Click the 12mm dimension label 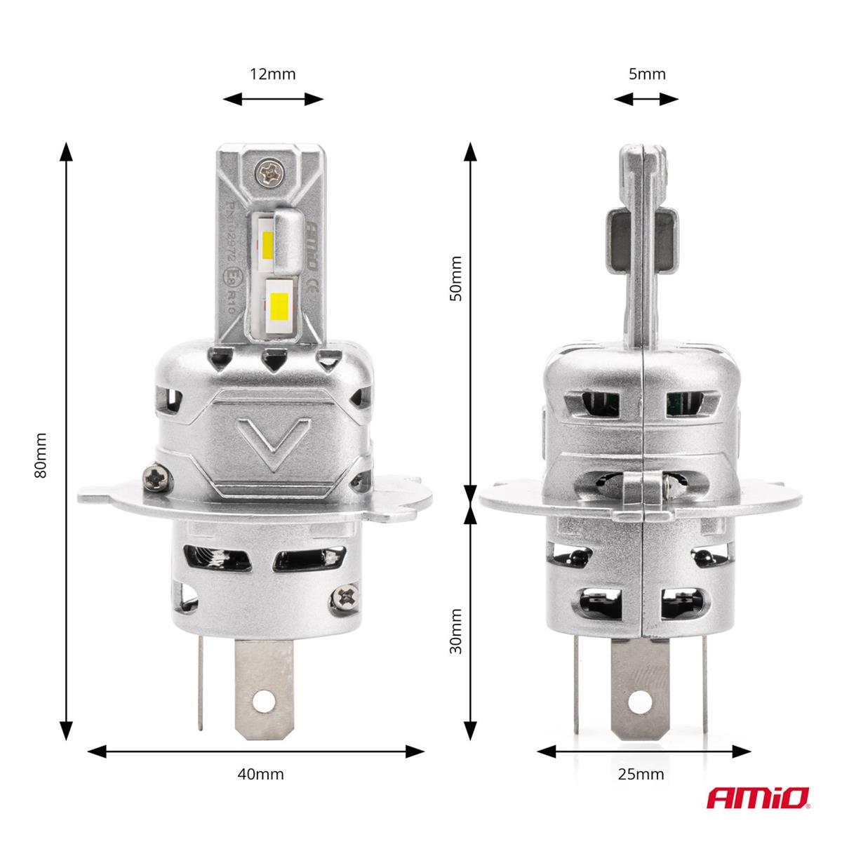coord(273,74)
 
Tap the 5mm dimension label coord(646,74)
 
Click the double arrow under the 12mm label coord(273,100)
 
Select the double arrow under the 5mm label coord(646,100)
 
